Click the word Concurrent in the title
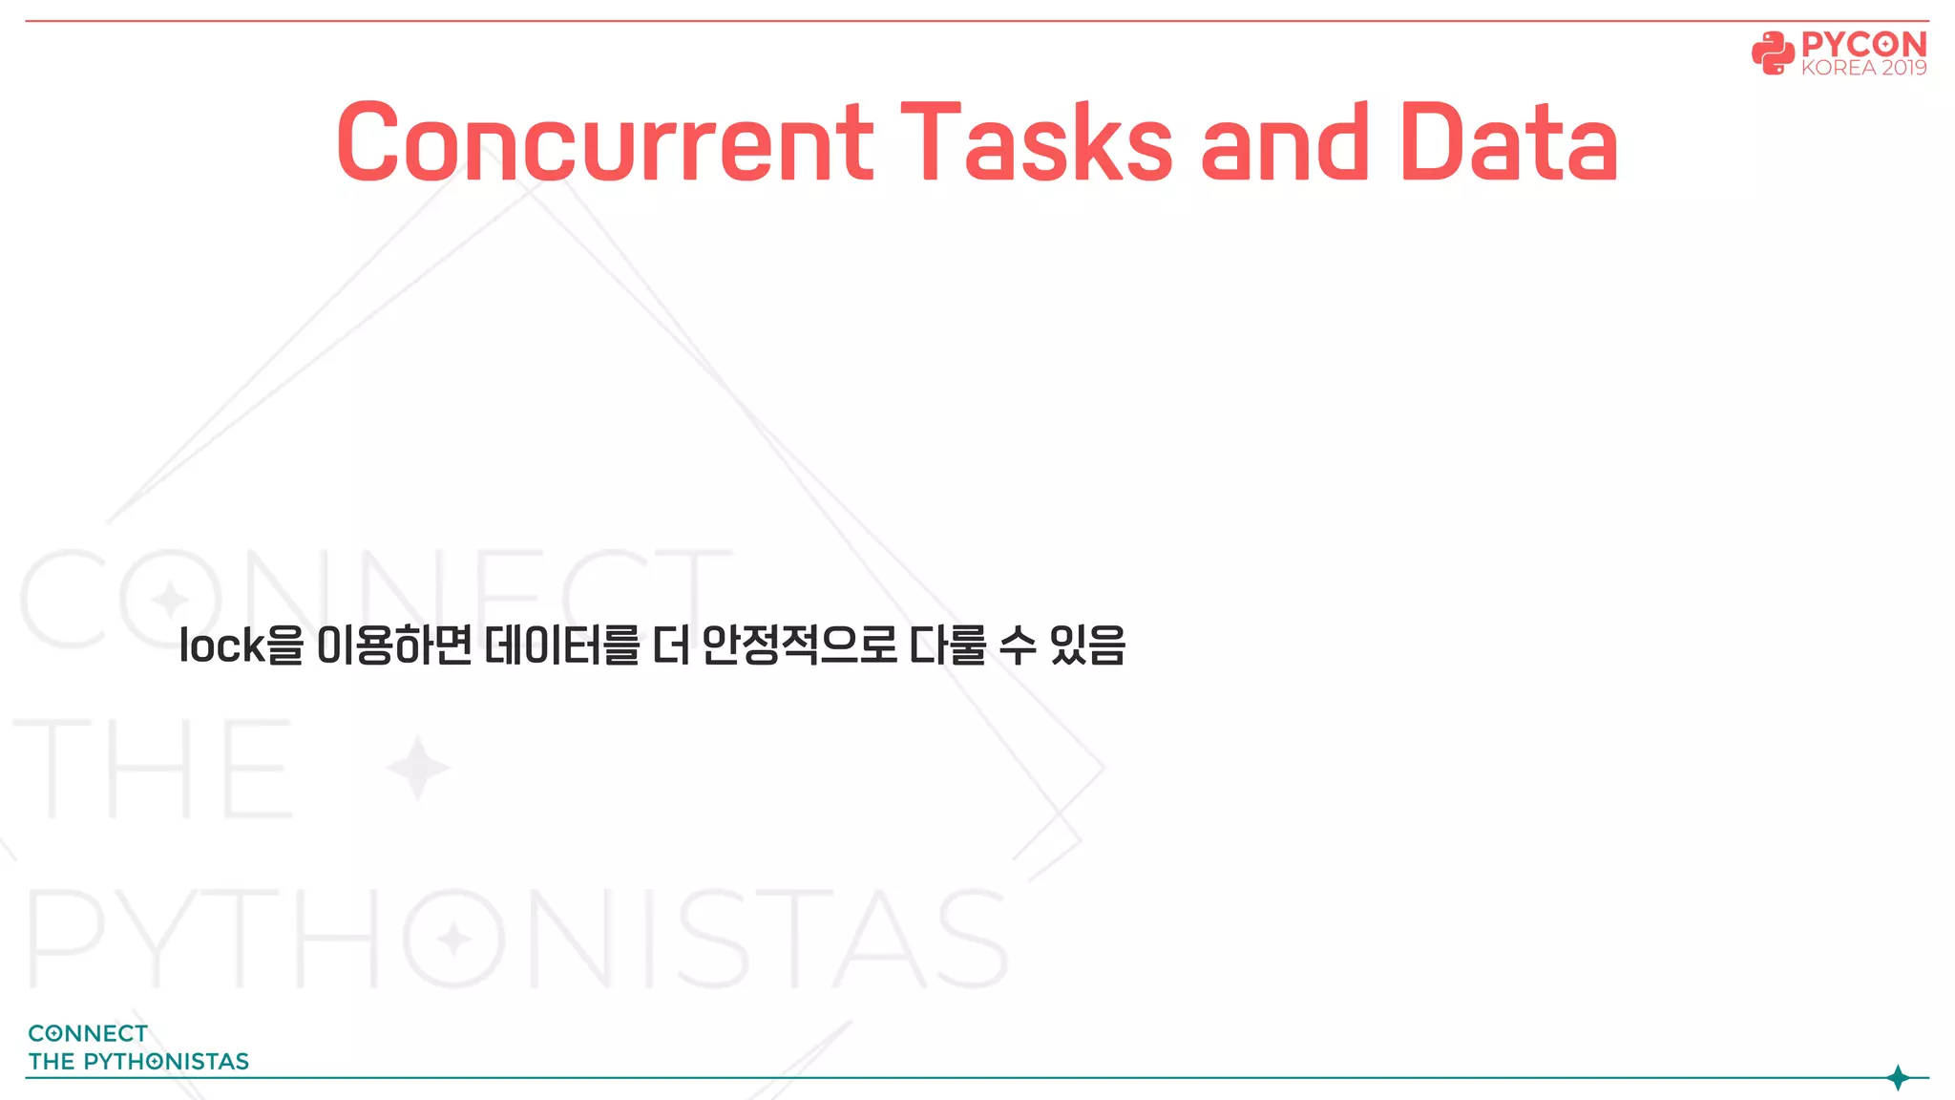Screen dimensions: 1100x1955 point(603,143)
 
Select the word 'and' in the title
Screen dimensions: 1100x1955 point(1285,143)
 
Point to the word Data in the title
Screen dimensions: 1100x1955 point(1509,143)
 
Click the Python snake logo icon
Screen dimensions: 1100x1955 point(1773,53)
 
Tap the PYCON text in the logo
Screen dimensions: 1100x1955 point(1863,44)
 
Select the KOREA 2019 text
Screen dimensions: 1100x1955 point(1863,68)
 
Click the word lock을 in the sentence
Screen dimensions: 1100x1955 point(241,645)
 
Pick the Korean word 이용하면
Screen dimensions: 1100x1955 point(393,645)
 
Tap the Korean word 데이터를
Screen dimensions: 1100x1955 point(561,645)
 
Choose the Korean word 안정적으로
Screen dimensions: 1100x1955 point(799,645)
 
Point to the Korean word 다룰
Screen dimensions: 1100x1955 point(947,645)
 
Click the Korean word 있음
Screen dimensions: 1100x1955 point(1087,645)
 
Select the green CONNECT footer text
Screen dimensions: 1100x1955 point(88,1033)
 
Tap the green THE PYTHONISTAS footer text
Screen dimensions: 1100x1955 point(138,1062)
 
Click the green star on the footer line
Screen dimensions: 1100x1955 point(1898,1078)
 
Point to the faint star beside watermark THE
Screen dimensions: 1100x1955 point(417,768)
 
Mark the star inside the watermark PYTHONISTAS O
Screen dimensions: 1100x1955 point(453,940)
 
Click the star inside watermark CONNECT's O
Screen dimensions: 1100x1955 point(171,600)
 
